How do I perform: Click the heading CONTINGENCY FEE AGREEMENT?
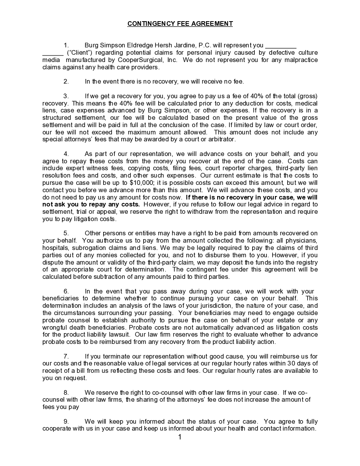(x=180, y=23)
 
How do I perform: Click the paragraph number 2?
(x=66, y=81)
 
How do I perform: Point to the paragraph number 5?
(x=66, y=233)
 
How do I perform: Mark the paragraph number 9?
(x=66, y=421)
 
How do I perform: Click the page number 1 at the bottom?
(x=180, y=437)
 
